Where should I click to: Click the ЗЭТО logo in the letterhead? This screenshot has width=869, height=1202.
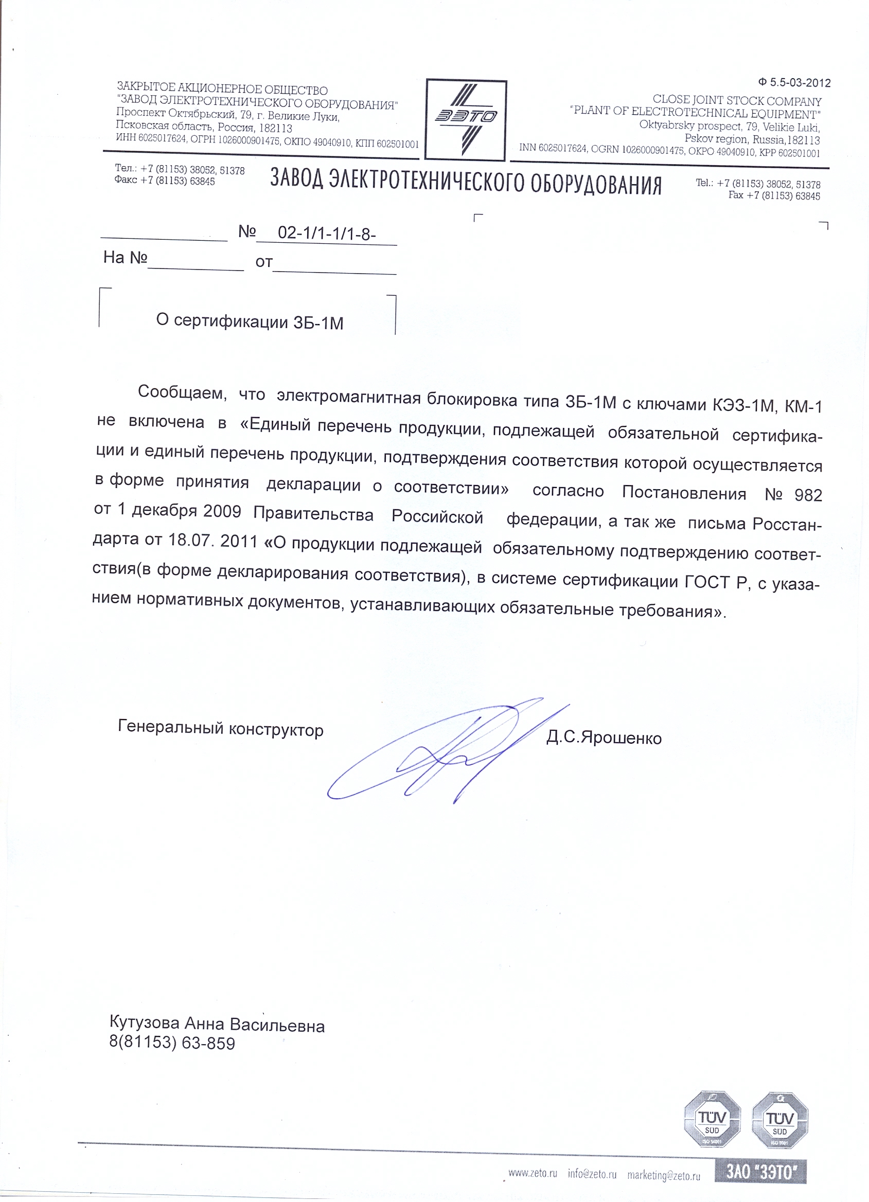(x=466, y=119)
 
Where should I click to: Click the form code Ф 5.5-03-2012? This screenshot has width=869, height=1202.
(x=794, y=83)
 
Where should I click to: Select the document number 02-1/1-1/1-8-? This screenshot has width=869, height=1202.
(x=327, y=233)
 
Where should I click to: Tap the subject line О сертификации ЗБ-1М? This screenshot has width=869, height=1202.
(x=250, y=321)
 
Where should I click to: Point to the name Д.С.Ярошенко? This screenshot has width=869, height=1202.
(x=604, y=738)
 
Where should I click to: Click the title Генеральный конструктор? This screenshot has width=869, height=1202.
(x=221, y=728)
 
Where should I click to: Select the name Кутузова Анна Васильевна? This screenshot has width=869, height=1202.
(x=217, y=1025)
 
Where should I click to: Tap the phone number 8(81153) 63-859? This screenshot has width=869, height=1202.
(x=172, y=1043)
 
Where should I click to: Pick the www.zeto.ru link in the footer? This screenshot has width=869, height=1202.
(x=533, y=1173)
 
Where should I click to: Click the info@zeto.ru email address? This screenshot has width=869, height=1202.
(x=592, y=1173)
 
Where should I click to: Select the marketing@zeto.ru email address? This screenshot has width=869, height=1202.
(x=663, y=1175)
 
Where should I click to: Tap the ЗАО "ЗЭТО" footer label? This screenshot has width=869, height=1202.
(x=760, y=1171)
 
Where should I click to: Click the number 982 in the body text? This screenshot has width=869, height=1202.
(x=808, y=495)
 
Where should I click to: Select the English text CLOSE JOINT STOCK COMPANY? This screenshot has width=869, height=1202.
(x=736, y=101)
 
